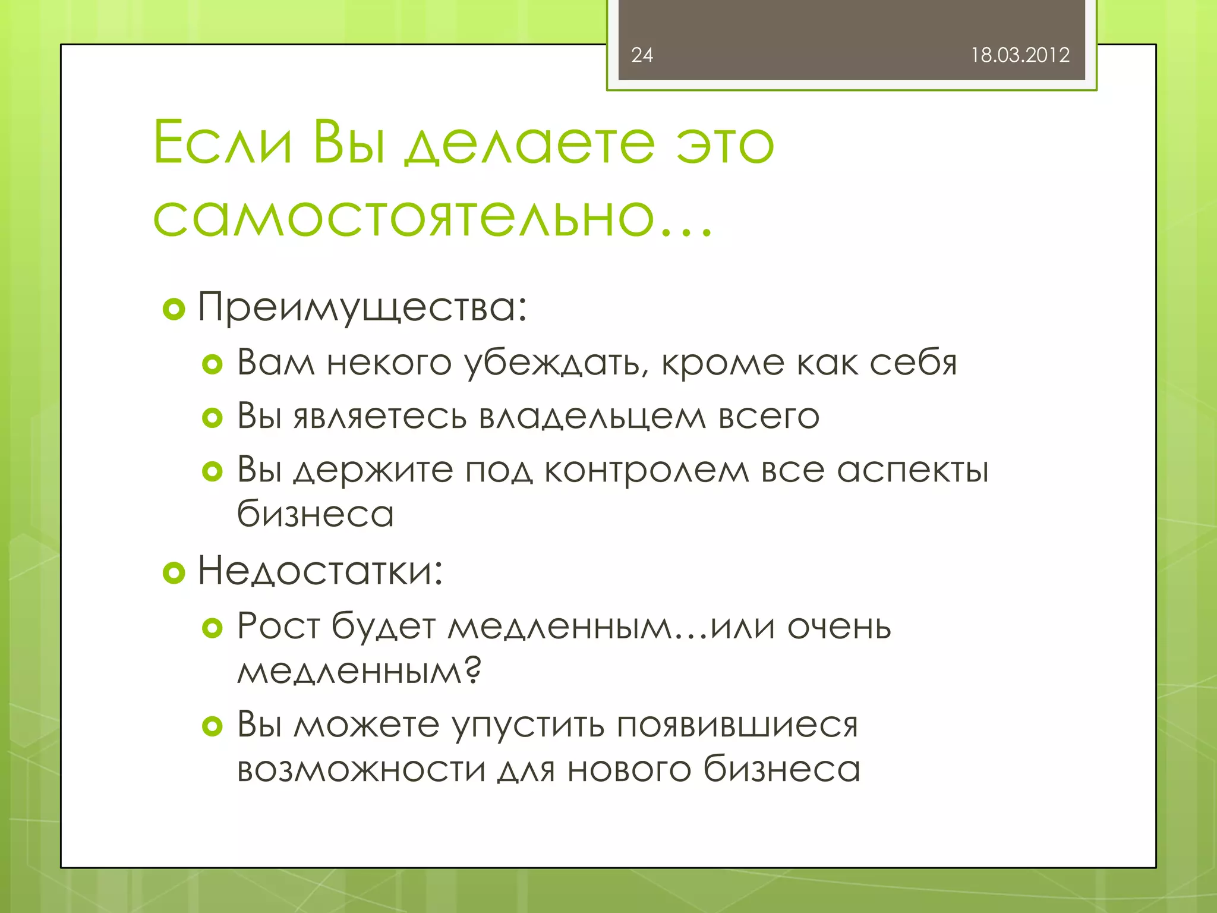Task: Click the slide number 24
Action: click(x=642, y=55)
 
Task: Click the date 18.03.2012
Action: click(x=1020, y=55)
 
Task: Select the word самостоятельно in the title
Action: click(x=404, y=216)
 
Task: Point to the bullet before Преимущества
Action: click(x=174, y=309)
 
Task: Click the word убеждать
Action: click(x=556, y=363)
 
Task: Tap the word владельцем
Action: click(x=592, y=416)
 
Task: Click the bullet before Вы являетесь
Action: click(x=212, y=417)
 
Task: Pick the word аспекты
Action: click(x=913, y=471)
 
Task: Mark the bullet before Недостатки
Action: click(x=174, y=572)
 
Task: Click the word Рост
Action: click(x=278, y=626)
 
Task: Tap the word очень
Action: click(x=839, y=626)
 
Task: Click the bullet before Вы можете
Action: click(x=212, y=726)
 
